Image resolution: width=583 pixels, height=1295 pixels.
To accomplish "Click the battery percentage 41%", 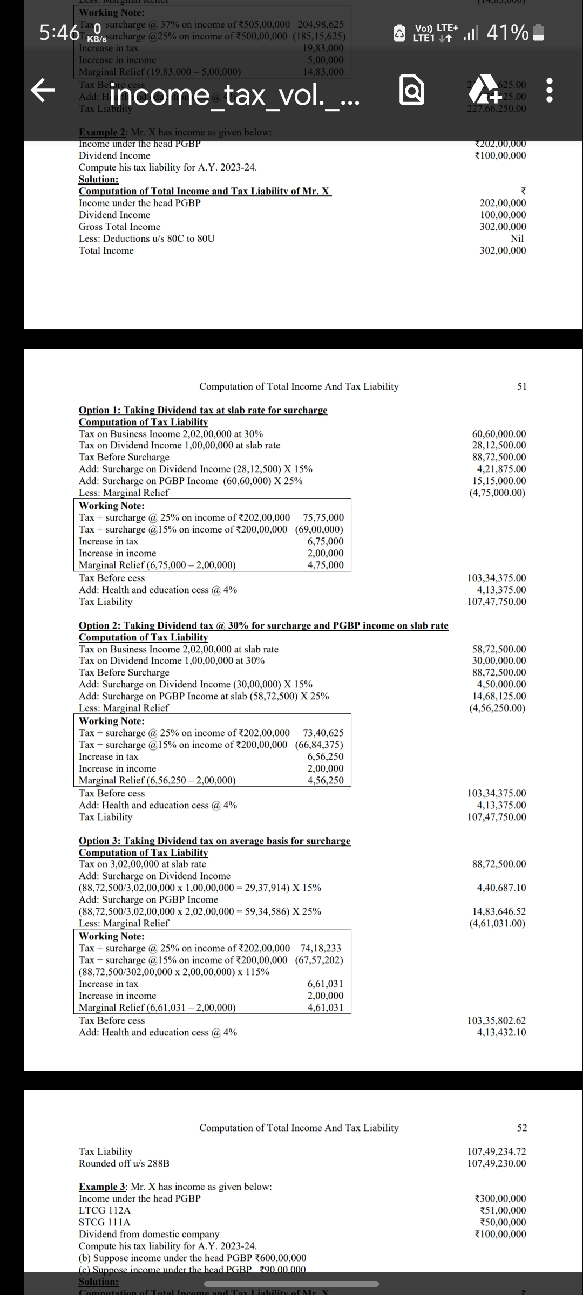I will click(507, 33).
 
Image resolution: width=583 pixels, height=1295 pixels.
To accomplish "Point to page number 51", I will click(521, 386).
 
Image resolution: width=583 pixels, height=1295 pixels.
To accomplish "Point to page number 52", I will click(521, 1128).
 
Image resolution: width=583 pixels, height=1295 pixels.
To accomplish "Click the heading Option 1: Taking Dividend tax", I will click(203, 410).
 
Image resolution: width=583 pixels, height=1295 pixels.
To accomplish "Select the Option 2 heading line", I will click(263, 625).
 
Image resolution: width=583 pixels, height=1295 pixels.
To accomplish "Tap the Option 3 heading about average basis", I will click(214, 841).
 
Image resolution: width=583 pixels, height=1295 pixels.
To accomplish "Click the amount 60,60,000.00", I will click(499, 434).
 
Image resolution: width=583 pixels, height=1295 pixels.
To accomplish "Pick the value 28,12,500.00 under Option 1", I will click(499, 446).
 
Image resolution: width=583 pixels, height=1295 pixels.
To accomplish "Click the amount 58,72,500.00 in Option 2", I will click(499, 649).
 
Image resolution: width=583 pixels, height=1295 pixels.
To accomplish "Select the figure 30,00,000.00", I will click(499, 661).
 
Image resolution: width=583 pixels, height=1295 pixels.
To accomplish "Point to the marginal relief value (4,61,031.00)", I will click(497, 923).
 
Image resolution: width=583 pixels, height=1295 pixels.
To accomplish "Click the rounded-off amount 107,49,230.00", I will click(497, 1163).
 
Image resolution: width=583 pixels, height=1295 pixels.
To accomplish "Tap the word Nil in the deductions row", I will click(517, 238).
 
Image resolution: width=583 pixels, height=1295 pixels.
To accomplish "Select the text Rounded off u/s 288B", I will click(124, 1163).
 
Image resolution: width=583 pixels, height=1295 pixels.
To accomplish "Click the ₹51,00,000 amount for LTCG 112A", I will click(500, 1210).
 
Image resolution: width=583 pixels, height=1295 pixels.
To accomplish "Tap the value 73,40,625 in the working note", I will click(323, 733).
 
